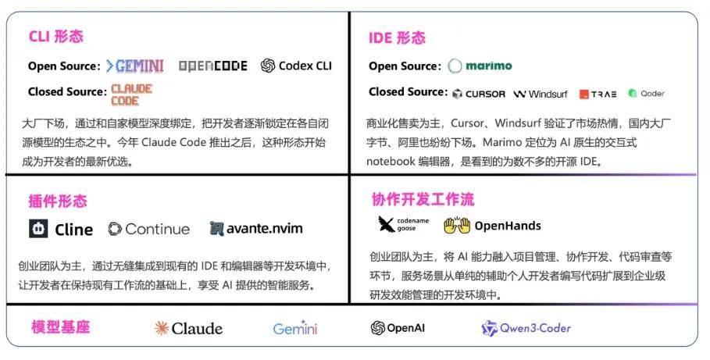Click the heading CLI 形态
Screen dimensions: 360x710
(x=55, y=37)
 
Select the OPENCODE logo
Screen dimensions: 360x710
(x=212, y=66)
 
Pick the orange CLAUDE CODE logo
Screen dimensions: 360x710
(x=131, y=94)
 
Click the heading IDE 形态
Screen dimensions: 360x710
(x=398, y=38)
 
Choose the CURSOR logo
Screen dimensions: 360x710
(x=479, y=94)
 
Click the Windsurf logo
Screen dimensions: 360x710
(x=541, y=94)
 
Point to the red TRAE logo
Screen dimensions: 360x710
(x=598, y=94)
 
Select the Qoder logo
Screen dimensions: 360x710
(x=646, y=94)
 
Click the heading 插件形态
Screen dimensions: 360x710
(x=58, y=201)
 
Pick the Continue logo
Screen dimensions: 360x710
(x=148, y=229)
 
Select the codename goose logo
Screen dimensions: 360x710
(x=403, y=225)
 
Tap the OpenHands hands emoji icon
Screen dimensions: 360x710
(x=458, y=226)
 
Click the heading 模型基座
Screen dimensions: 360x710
(x=60, y=326)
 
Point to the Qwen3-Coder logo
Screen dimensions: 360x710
(x=526, y=328)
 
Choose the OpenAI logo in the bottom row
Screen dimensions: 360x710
(x=398, y=328)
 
